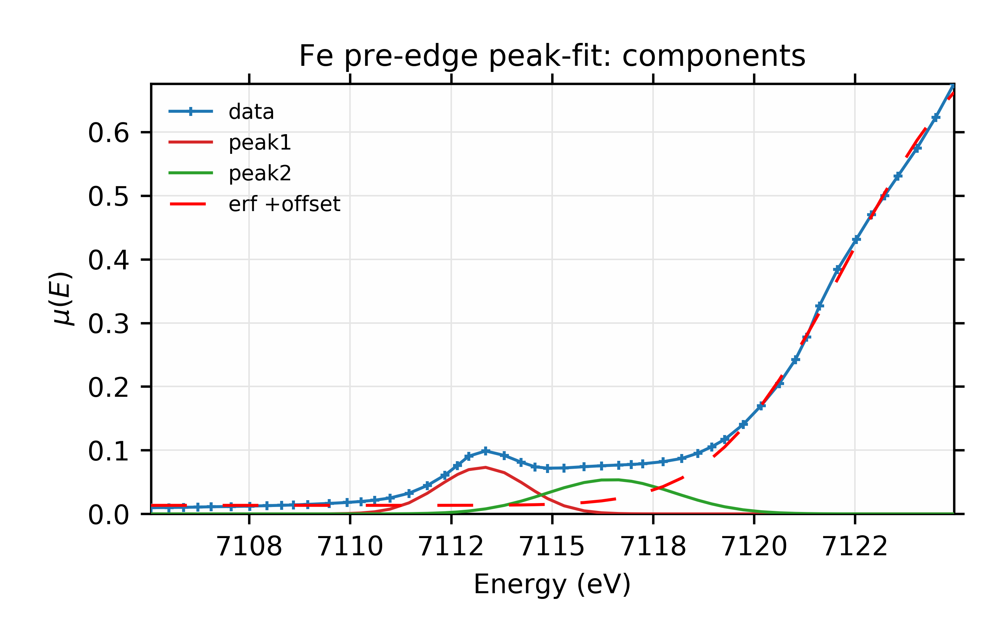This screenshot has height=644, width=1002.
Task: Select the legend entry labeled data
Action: pos(251,112)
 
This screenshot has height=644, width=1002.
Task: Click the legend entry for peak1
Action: pos(259,143)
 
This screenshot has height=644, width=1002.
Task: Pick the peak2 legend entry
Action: pos(259,173)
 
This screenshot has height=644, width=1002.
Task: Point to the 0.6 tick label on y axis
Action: pos(108,133)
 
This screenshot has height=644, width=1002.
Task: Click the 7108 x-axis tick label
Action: pos(249,546)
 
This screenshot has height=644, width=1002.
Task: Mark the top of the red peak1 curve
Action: pos(485,467)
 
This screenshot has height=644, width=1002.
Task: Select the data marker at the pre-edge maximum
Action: pos(485,451)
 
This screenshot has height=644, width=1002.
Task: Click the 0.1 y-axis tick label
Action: pos(108,452)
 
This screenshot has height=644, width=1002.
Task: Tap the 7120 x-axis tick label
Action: pos(754,546)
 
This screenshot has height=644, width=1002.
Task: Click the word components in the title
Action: pos(713,56)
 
